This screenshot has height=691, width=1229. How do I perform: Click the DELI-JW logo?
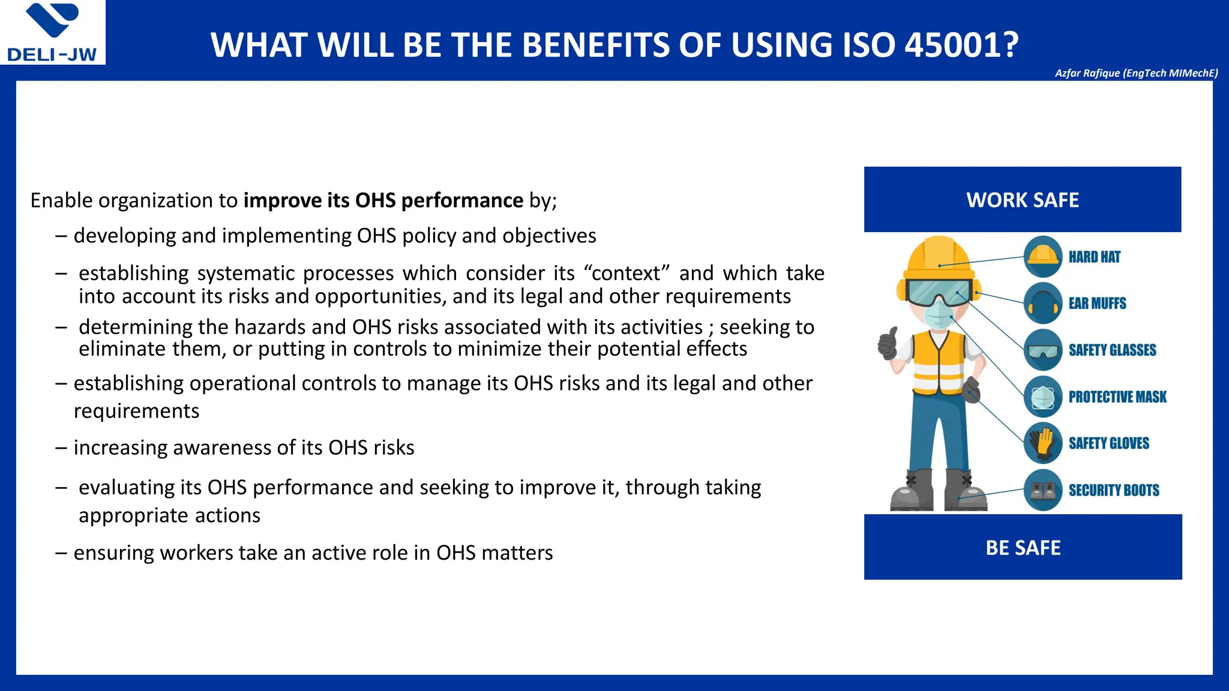(52, 33)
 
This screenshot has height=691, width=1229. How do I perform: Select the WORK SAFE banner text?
(1023, 200)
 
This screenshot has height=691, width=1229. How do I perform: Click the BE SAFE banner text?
(1023, 548)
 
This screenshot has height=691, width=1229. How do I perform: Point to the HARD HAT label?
(1094, 257)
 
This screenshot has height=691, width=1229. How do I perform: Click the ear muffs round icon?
(1043, 303)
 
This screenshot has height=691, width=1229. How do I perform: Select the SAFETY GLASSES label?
(1112, 350)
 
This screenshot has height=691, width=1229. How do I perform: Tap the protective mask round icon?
(1043, 396)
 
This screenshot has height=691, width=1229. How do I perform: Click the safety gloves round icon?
(1043, 443)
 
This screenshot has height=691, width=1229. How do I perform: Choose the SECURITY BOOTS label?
(1113, 491)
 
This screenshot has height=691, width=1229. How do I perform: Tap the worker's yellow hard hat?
(939, 255)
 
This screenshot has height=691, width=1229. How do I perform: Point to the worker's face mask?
(937, 314)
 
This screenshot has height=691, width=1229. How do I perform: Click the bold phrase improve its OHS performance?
(383, 200)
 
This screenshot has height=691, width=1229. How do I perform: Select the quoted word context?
(627, 274)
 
